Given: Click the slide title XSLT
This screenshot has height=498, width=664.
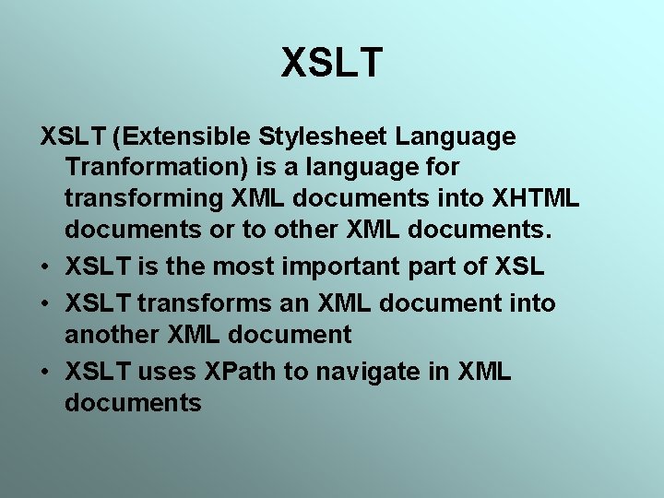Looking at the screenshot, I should click(332, 63).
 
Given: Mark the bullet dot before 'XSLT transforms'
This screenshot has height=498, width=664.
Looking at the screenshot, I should click(45, 302).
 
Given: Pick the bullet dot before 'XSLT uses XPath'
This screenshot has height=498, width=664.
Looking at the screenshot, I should click(45, 371).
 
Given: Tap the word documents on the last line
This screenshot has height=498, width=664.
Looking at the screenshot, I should click(133, 402).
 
